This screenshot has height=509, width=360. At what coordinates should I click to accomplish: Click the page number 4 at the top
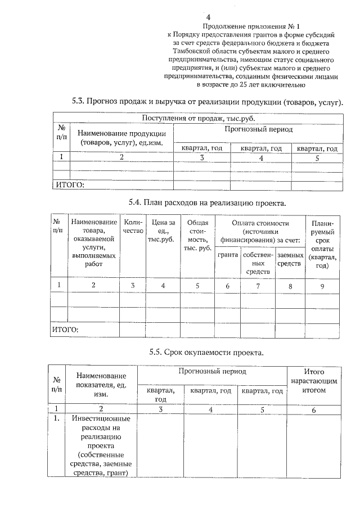[x=208, y=17]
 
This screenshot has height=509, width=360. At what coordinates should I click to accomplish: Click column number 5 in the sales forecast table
[x=317, y=158]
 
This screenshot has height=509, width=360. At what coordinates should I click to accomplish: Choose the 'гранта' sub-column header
[x=227, y=255]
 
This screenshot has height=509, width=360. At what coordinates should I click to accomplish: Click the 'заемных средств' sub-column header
[x=290, y=259]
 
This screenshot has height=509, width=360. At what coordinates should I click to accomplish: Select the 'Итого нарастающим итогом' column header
[x=314, y=380]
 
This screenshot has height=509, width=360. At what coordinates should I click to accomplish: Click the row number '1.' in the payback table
[x=57, y=419]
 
